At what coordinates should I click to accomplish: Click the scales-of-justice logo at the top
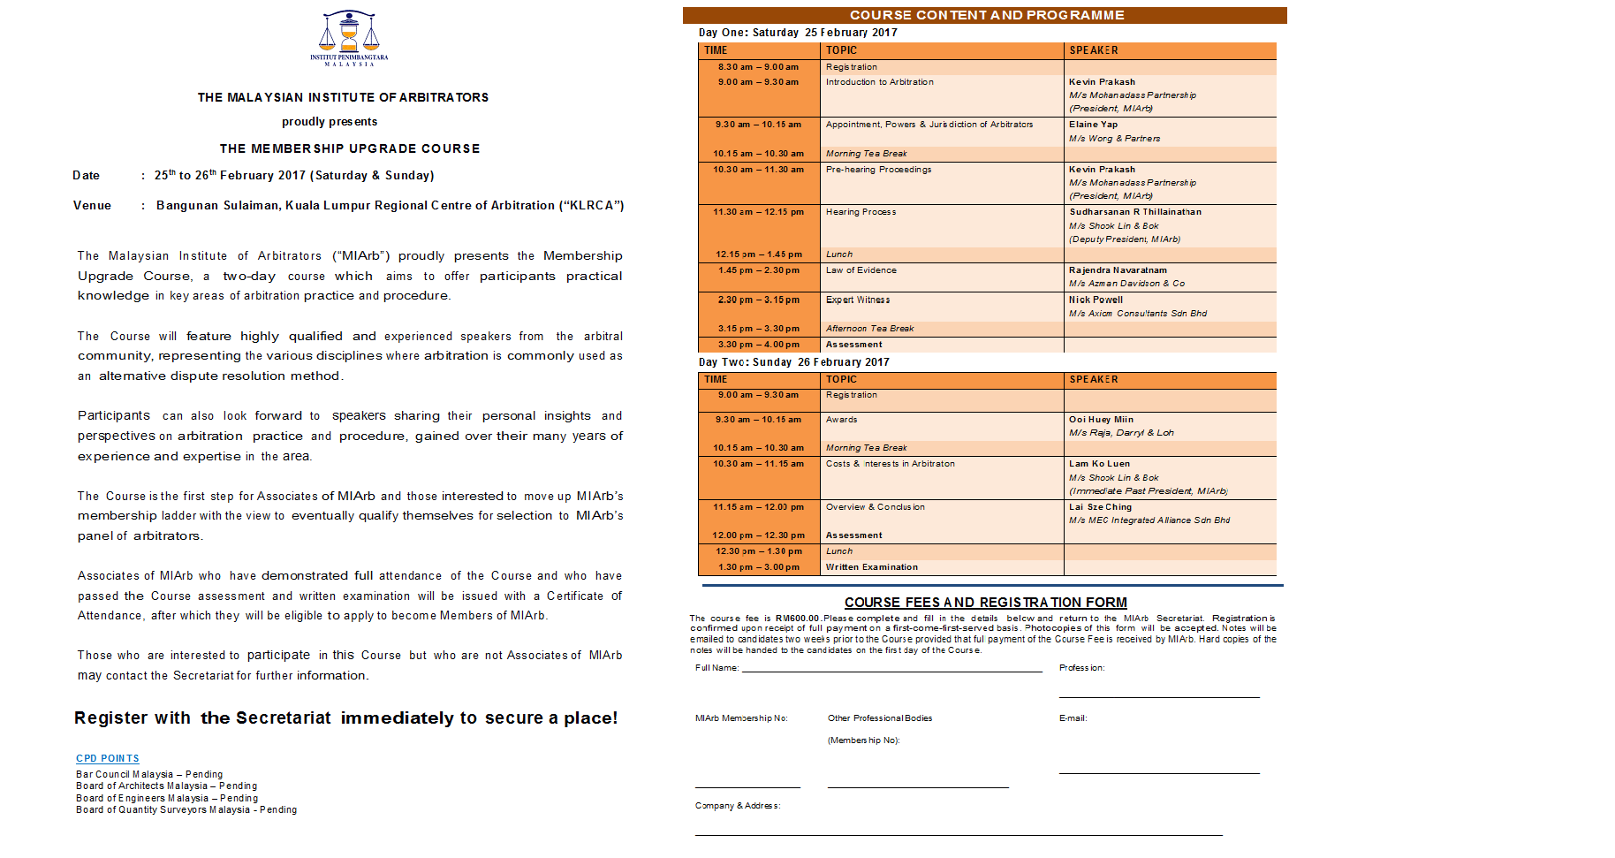coord(349,37)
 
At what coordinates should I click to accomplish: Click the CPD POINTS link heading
coord(108,758)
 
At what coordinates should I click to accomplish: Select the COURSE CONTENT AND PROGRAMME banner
coord(986,15)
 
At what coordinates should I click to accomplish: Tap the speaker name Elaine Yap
coord(1093,125)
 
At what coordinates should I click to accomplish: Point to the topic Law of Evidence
coord(861,270)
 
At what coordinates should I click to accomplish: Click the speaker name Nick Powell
coord(1096,300)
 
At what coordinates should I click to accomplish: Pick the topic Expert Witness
coord(858,300)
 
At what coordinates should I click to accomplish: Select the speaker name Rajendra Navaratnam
coord(1118,270)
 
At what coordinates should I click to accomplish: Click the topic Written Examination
coord(871,567)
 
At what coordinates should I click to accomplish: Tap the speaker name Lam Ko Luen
coord(1099,464)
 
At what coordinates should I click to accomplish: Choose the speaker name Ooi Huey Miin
coord(1101,420)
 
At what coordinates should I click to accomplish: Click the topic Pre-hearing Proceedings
coord(878,170)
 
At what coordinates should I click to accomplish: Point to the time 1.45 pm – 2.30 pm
coord(759,270)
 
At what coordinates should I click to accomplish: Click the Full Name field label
coord(717,668)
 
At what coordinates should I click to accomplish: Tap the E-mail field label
coord(1073,718)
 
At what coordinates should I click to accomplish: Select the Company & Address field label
coord(737,806)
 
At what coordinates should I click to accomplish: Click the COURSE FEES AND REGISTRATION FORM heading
coord(985,603)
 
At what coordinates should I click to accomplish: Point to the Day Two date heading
coord(793,362)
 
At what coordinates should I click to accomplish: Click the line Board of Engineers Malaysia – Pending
coord(167,798)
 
